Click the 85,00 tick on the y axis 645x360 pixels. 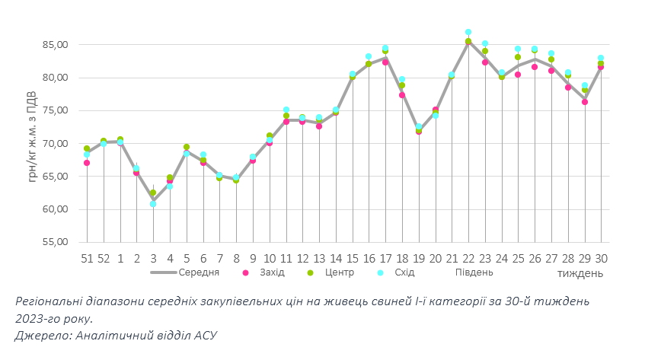56,45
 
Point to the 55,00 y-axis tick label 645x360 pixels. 56,242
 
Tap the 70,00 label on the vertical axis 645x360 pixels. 56,143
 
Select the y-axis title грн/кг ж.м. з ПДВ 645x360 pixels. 31,143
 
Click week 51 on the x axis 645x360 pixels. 87,259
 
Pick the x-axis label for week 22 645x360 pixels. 468,259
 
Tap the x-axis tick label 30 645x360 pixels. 601,259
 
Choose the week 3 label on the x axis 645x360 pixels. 153,259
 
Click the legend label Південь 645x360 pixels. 474,272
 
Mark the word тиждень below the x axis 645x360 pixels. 580,272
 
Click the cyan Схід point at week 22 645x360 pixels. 468,33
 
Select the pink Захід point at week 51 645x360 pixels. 87,163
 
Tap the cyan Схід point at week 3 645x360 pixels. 153,204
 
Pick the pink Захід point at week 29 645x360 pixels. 585,102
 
